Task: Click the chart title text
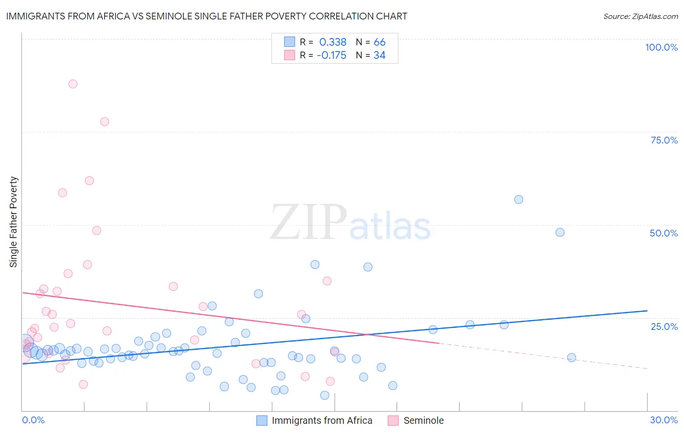(x=206, y=16)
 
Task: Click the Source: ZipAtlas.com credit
(x=640, y=16)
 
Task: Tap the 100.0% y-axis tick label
(x=661, y=47)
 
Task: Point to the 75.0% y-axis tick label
(x=664, y=140)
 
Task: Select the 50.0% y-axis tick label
(x=663, y=233)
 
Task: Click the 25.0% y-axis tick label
(x=664, y=326)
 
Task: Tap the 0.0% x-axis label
(x=33, y=420)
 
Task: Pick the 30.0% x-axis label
(x=664, y=420)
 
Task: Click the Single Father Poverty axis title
(x=14, y=222)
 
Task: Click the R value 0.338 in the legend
(x=333, y=42)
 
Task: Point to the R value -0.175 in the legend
(x=331, y=55)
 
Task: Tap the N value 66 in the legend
(x=379, y=42)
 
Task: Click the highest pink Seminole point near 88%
(x=73, y=84)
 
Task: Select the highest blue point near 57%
(x=519, y=199)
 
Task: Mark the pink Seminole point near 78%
(x=105, y=122)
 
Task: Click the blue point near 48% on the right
(x=560, y=233)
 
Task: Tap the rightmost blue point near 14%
(x=572, y=358)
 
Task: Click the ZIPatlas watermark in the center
(x=350, y=223)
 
